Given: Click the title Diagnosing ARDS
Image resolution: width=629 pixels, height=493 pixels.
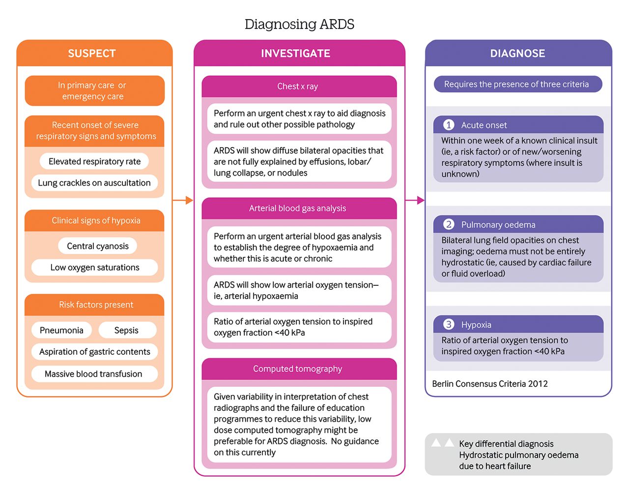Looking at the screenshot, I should click(299, 24).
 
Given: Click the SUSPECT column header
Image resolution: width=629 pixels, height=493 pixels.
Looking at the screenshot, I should click(92, 53).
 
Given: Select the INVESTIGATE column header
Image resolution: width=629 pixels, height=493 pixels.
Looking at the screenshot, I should click(295, 53).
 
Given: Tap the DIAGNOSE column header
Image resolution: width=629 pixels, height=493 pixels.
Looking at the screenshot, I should click(517, 53).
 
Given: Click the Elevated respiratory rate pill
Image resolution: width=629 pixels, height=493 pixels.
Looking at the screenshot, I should click(94, 161).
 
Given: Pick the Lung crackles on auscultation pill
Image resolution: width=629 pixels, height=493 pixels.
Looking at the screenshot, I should click(94, 183).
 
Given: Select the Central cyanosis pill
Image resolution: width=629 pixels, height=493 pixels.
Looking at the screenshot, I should click(97, 246).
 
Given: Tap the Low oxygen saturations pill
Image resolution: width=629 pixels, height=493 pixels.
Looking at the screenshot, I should click(94, 268).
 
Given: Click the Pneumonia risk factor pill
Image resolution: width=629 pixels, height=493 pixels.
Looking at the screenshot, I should click(61, 330).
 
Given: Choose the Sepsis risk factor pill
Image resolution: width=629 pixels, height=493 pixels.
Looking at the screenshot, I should click(126, 330).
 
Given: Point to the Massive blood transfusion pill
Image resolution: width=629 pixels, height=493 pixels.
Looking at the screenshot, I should click(93, 374).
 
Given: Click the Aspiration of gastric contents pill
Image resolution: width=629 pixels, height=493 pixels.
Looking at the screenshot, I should click(94, 352).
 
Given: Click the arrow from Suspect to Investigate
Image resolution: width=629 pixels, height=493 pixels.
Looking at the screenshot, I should click(183, 200).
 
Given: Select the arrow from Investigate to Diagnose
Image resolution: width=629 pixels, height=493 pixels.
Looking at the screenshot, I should click(415, 200).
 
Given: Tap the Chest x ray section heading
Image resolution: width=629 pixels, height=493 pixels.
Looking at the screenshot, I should click(298, 87).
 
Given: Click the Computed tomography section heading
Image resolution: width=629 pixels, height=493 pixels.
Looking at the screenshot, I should click(298, 369).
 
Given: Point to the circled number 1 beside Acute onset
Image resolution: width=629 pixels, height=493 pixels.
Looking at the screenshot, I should click(448, 125).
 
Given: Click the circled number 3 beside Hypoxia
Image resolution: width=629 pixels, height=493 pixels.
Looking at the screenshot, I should click(448, 324).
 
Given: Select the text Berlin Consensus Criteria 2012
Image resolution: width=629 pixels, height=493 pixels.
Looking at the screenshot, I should click(490, 384).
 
